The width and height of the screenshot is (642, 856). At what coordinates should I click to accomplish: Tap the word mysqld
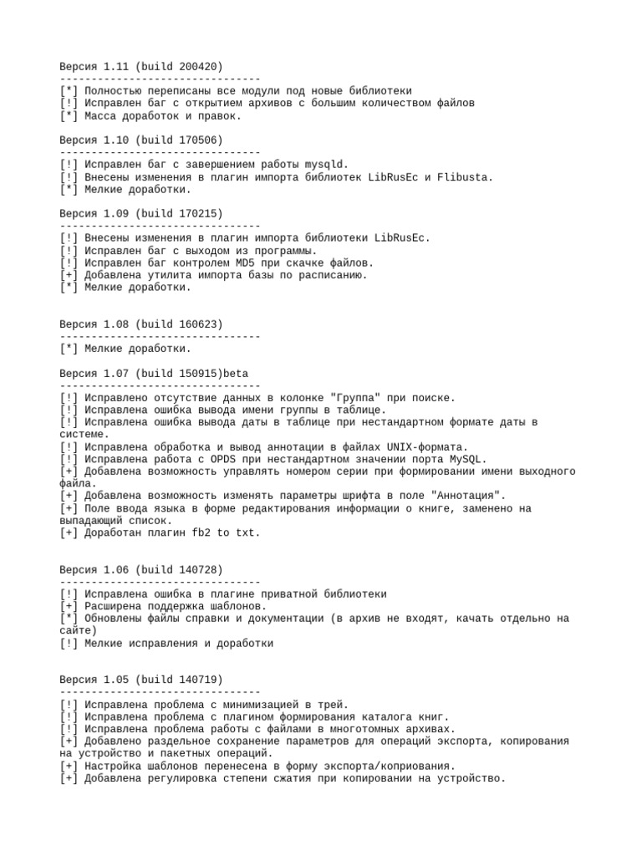326,165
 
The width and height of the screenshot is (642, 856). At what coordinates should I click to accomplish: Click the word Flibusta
466,177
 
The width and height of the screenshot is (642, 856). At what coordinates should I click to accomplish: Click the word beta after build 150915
237,373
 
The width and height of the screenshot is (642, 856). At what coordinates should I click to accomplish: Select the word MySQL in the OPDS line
468,459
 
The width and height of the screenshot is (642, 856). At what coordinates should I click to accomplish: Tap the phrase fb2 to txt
227,532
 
